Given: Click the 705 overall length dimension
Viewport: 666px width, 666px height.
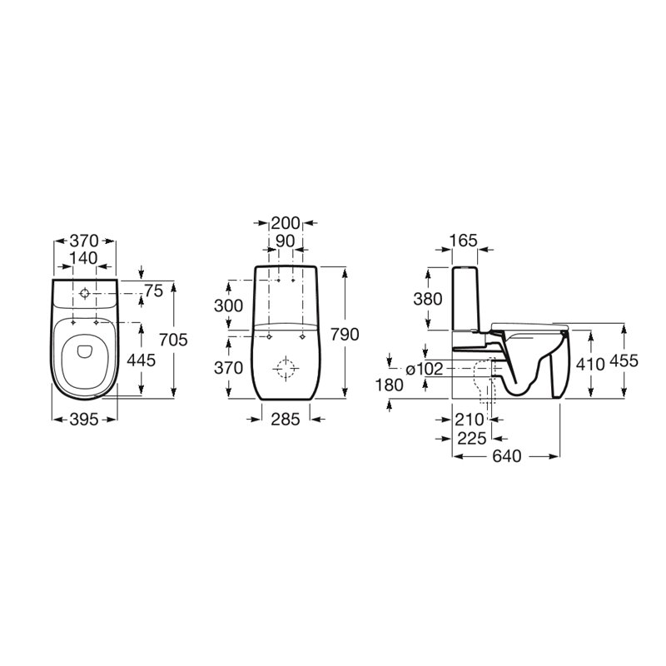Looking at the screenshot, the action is pos(173,340).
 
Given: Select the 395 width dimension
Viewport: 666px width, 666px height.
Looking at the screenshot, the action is pos(84,420).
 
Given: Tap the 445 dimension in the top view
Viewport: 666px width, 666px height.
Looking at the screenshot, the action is pos(142,360).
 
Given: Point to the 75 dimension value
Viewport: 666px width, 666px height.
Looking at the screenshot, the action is pos(153,291).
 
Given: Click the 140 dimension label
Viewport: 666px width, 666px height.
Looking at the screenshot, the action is pos(84,258).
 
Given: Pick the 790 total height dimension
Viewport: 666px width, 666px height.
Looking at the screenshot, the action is pos(345,335).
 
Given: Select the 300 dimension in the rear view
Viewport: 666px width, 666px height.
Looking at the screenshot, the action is pos(228,306).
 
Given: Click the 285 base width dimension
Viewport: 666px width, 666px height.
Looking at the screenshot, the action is pos(286,420).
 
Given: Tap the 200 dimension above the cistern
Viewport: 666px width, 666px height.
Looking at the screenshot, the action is pos(286,222).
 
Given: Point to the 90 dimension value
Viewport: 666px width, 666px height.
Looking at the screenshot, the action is pos(285,241).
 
